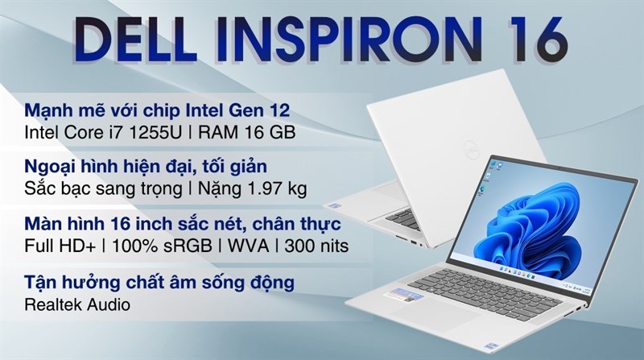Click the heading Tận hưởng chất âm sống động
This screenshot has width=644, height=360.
[158, 282]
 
